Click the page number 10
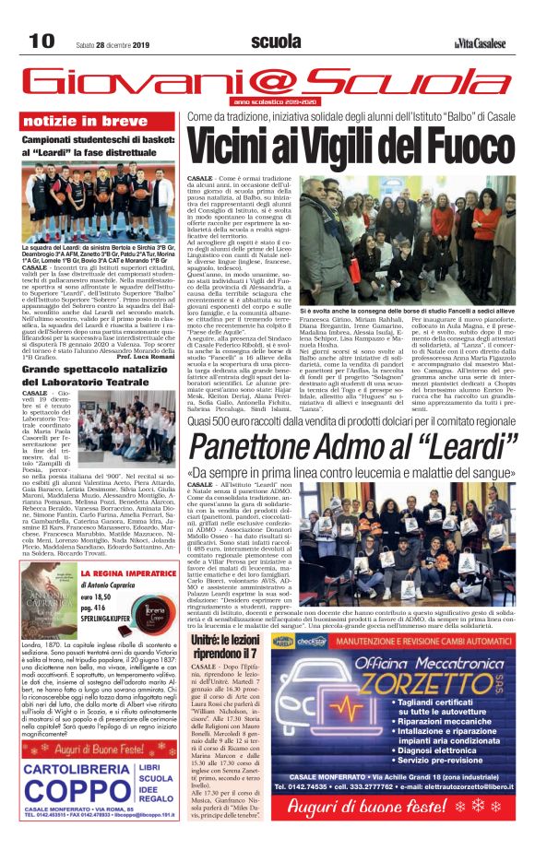(x=42, y=41)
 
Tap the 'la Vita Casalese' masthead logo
(x=479, y=42)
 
